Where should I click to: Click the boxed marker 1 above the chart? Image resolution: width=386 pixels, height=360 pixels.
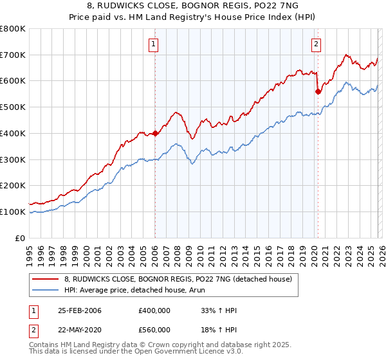click(x=154, y=44)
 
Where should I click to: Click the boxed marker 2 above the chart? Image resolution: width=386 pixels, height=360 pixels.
click(x=317, y=44)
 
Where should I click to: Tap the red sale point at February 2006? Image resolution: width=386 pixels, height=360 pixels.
click(x=155, y=134)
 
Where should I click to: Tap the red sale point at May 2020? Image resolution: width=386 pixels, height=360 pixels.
click(x=317, y=92)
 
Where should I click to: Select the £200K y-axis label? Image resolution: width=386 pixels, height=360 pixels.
click(x=13, y=186)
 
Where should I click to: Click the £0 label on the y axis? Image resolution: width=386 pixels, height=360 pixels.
click(x=19, y=238)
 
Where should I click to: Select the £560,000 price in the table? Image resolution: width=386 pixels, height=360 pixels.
click(x=154, y=330)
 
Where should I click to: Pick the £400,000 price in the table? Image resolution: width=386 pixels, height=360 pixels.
click(x=154, y=310)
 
